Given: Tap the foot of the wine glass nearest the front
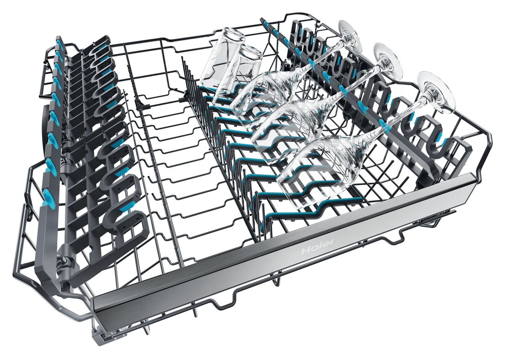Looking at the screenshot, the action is (x=435, y=95).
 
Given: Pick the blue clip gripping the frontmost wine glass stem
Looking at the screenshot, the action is (x=383, y=124).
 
